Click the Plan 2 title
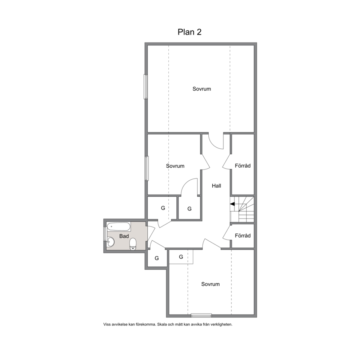(189, 32)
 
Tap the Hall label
(216, 186)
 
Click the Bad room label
(124, 236)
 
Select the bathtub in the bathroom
(119, 227)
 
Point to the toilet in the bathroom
(133, 244)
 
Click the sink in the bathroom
(110, 242)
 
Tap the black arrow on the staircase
(232, 204)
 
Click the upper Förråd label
(242, 165)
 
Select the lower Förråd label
(242, 236)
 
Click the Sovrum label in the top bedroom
(201, 89)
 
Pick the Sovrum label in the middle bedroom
(175, 166)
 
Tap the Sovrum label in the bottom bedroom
(210, 284)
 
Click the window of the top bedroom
(146, 87)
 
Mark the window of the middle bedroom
(147, 168)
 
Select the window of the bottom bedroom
(201, 316)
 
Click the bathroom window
(105, 234)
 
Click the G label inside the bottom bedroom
(181, 257)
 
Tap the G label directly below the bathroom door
(156, 258)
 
